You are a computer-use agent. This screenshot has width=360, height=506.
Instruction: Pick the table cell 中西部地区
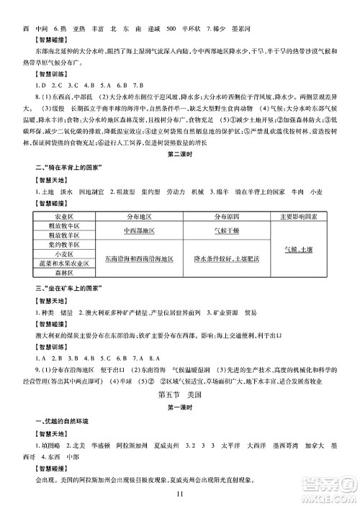139,230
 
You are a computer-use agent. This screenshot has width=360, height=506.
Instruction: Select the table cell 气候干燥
225,230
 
